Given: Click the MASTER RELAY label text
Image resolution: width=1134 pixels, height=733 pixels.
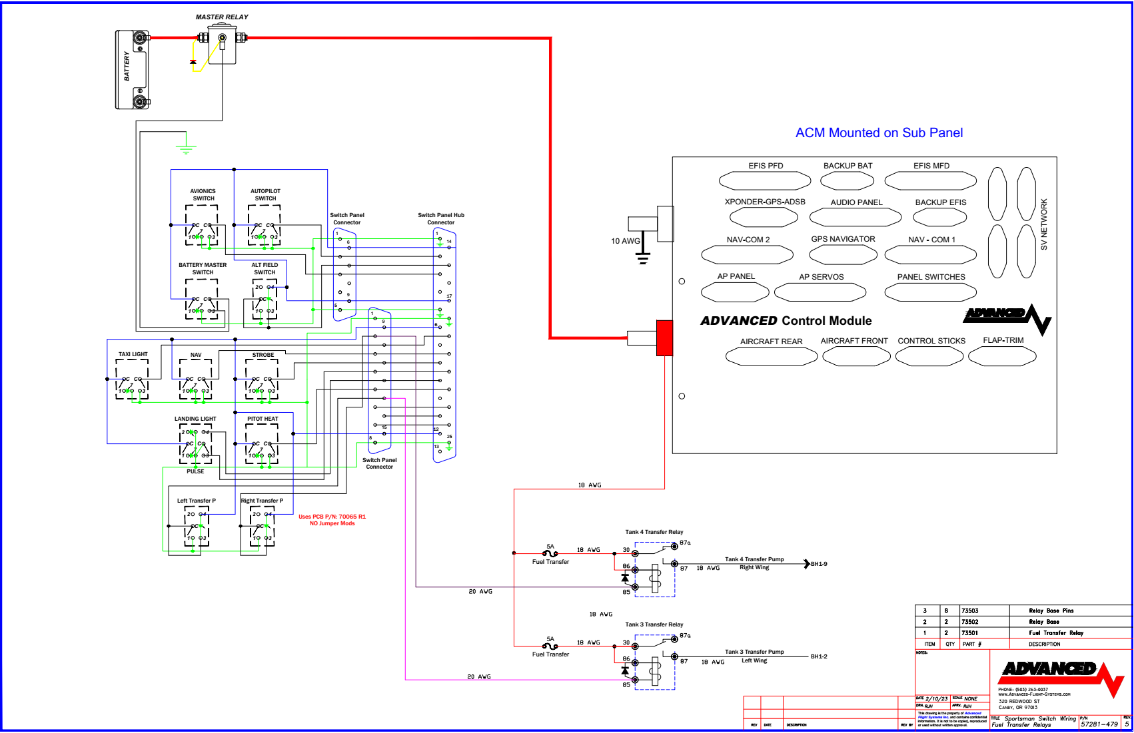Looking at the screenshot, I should point(222,17).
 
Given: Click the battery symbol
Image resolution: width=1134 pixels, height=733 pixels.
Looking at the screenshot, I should point(132,69).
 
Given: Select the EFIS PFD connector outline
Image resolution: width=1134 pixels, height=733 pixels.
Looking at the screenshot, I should point(764,180).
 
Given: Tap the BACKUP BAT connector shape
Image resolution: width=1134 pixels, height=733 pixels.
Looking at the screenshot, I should point(847,180).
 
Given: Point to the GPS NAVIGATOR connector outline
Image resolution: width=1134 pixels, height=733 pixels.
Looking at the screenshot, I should point(843,254).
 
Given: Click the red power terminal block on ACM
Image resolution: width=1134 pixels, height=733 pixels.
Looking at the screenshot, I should point(664,338).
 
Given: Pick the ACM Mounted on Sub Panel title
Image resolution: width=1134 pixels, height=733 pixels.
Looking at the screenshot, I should point(879,132).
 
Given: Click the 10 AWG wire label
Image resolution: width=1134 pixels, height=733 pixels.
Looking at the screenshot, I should point(625,241).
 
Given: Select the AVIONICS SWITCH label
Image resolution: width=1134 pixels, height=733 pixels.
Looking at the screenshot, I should point(203,194).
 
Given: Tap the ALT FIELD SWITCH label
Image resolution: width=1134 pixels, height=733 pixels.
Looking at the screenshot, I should point(265,268).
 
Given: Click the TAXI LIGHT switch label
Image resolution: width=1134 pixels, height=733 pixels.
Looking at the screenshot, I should point(133,354).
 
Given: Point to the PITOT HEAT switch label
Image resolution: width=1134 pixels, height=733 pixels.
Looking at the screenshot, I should point(263,419).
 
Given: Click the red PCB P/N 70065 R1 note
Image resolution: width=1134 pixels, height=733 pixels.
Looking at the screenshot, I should point(332,520).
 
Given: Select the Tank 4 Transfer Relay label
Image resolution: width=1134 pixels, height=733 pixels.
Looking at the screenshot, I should point(654,532).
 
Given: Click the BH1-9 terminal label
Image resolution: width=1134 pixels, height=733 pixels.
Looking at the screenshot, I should point(819,564).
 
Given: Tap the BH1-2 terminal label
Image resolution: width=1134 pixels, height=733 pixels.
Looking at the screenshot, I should point(819,656).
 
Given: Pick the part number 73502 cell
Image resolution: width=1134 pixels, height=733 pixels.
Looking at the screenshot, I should point(969,622).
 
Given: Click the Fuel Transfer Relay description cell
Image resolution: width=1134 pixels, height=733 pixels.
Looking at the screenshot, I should point(1055,633).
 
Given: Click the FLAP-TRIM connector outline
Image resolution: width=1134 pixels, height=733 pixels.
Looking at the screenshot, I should point(1002,357).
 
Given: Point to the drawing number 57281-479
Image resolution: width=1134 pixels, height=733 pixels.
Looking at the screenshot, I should point(1099,724).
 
